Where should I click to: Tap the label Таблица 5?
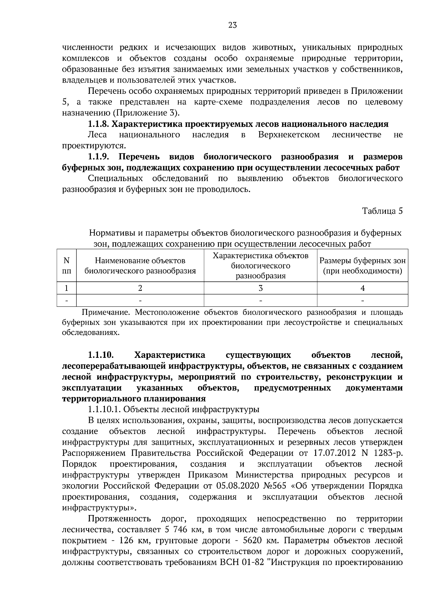383,211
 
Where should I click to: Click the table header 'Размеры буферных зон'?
362,261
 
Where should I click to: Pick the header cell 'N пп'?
67,265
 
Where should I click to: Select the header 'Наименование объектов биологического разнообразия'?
140,265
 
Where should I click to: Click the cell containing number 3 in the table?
260,288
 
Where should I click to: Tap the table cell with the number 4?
362,288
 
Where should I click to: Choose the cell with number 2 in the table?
140,288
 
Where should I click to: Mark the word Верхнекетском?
289,135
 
